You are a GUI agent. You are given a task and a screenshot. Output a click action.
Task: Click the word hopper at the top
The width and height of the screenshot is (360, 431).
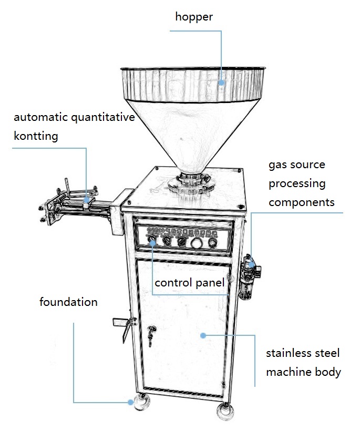(193, 17)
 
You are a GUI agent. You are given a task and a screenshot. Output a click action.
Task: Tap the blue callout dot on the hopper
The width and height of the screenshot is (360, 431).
(222, 83)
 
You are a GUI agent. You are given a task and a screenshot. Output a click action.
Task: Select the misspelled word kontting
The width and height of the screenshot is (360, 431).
(36, 136)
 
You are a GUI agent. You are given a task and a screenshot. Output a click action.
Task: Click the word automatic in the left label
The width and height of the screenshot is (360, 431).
(40, 117)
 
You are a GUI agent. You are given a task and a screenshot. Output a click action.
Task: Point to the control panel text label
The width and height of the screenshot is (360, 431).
(189, 283)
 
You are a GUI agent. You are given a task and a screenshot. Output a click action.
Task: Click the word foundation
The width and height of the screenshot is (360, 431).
(68, 302)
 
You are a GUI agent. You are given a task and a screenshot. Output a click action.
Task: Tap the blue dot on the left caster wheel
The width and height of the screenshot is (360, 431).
(130, 402)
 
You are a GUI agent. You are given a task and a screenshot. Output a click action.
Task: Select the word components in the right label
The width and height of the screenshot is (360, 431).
(301, 202)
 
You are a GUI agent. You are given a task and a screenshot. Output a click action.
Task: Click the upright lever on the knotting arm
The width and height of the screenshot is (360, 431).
(67, 185)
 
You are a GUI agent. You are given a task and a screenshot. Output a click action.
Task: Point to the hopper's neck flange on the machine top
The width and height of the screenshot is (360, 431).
(190, 182)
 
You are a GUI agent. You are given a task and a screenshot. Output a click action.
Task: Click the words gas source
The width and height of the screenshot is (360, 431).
(297, 165)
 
